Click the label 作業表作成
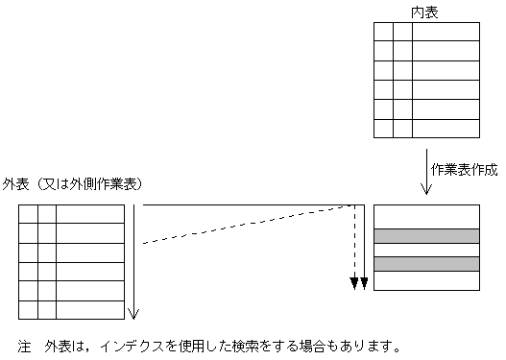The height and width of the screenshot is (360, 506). [464, 169]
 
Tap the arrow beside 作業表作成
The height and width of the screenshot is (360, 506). [424, 168]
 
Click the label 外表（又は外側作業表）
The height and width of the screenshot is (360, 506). [73, 184]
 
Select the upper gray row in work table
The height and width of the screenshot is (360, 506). [426, 235]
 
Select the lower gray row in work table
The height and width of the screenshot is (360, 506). [426, 264]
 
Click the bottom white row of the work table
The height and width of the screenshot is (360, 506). [426, 280]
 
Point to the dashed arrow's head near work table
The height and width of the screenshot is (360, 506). [354, 282]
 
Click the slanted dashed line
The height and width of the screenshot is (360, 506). [250, 225]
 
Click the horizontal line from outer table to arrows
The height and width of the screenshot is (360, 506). [250, 204]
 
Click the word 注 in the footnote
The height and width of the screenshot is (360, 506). [24, 344]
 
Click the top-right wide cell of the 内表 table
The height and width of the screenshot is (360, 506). [445, 31]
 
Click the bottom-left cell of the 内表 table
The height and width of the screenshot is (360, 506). [383, 128]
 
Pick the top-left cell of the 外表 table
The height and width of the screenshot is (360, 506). [28, 214]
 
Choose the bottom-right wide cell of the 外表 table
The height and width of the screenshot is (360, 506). [89, 310]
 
